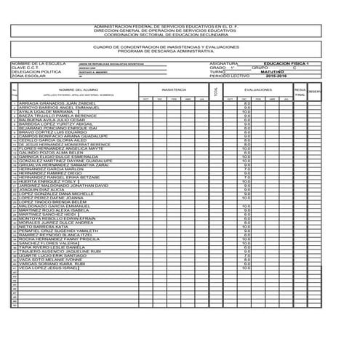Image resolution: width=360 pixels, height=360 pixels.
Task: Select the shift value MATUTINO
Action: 268,71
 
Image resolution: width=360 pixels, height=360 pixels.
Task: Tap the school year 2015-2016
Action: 269,76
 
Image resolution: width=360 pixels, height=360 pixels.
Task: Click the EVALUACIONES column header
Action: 257,89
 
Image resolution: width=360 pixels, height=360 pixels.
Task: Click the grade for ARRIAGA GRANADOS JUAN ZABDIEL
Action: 248,104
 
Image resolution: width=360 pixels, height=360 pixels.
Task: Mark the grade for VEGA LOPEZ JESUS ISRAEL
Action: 247,269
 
